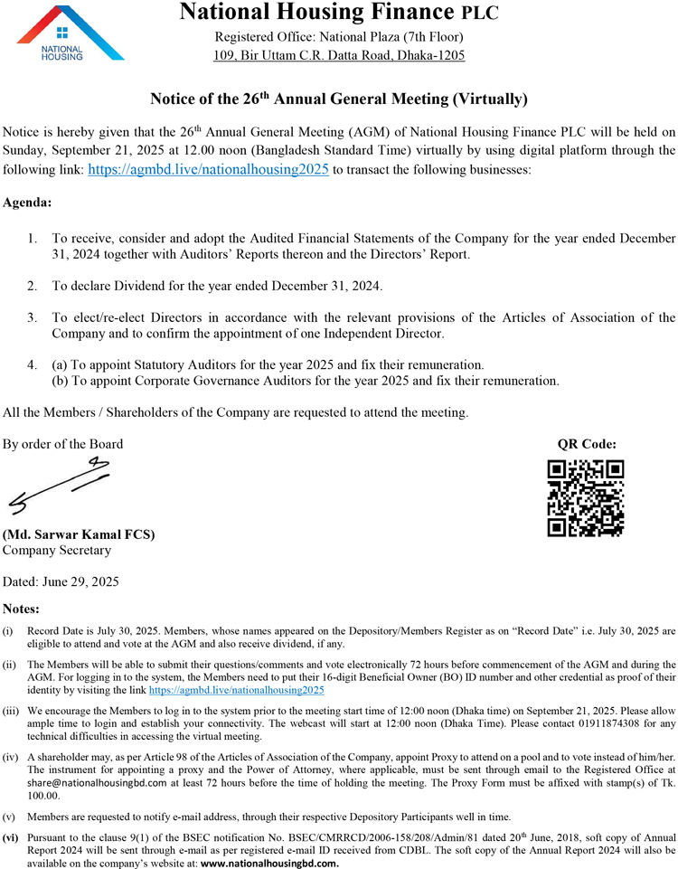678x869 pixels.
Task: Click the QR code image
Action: [586, 497]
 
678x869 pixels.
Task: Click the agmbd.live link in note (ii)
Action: [236, 690]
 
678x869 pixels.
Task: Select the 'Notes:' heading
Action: [22, 609]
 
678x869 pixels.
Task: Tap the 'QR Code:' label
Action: [587, 444]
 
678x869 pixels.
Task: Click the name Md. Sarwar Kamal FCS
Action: [79, 534]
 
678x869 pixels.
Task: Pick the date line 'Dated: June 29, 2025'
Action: [61, 581]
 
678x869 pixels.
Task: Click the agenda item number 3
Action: [32, 317]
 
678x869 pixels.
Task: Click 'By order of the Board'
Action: [63, 444]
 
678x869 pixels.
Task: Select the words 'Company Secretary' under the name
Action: [57, 550]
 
